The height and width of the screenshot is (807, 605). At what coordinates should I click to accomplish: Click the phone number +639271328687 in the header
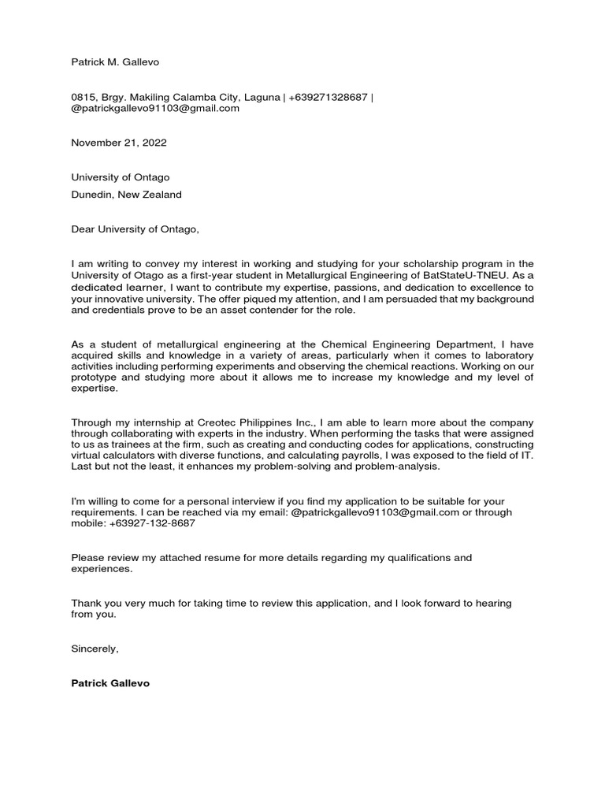328,97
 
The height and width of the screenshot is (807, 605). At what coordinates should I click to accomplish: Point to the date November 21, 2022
119,143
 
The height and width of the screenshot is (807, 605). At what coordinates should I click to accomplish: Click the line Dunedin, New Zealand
126,195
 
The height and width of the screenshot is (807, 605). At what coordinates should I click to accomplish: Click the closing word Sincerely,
95,649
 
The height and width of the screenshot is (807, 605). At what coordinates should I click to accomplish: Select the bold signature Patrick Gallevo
110,683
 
